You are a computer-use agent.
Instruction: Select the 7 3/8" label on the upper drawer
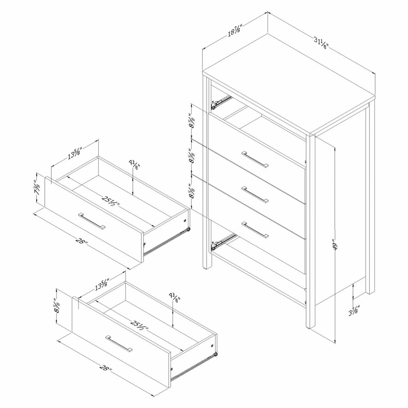tap(37, 189)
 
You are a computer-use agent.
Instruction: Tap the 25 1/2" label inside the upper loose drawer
tap(110, 201)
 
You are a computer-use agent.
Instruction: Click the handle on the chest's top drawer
tap(255, 159)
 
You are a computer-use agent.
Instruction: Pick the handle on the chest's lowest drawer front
tap(255, 230)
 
